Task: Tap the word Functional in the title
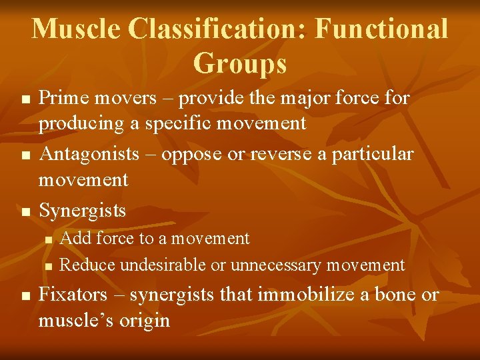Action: (x=381, y=29)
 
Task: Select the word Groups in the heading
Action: (x=240, y=64)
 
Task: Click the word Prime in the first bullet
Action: (x=63, y=99)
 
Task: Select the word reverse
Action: (x=274, y=154)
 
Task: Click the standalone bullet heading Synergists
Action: (x=82, y=211)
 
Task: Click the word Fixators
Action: (x=72, y=295)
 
